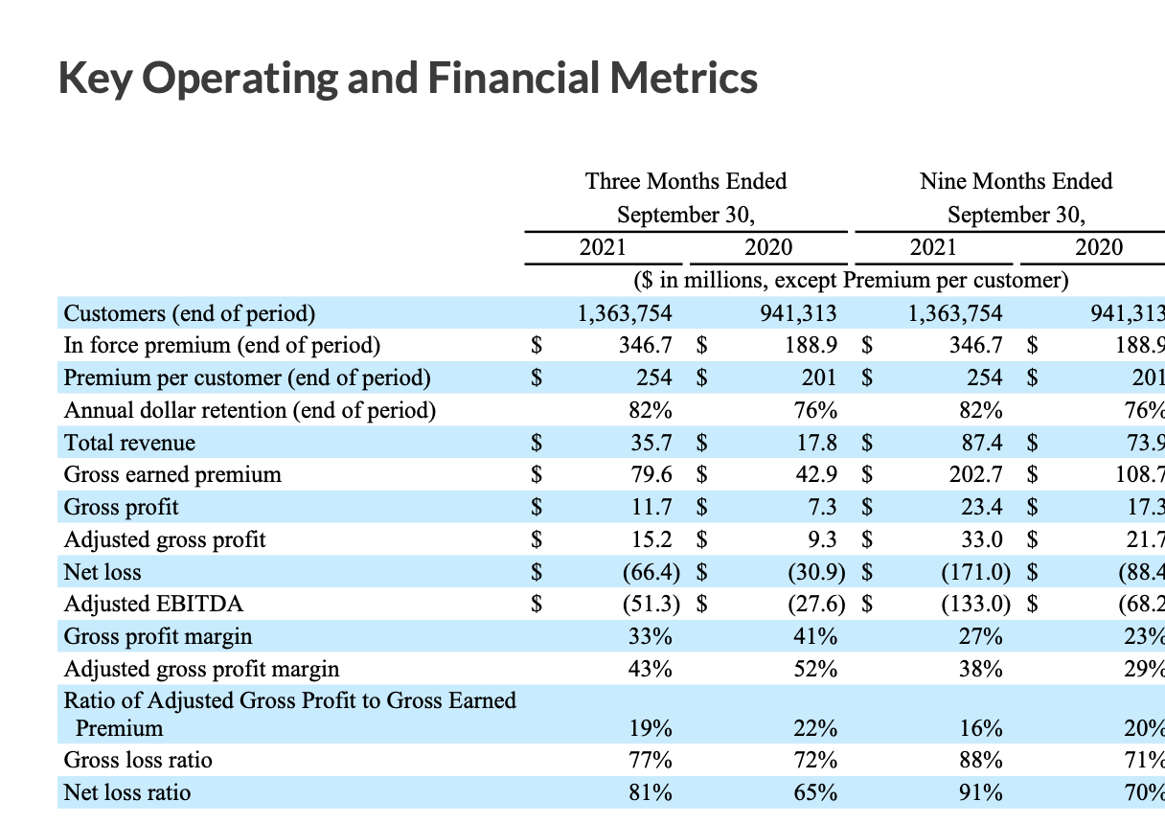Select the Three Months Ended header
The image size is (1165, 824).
pos(686,181)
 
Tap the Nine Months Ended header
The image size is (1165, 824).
pos(1016,181)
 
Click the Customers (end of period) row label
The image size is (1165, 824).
pos(189,313)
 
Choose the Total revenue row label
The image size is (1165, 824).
pos(129,443)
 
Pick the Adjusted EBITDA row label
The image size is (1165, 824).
pos(153,604)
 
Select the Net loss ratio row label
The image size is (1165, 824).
pos(126,792)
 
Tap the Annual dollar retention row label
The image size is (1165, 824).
pos(249,411)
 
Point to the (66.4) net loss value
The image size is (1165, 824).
pos(651,572)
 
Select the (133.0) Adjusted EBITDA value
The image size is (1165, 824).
pos(975,604)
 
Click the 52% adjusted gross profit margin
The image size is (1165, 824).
pos(815,668)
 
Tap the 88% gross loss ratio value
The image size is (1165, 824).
pos(982,761)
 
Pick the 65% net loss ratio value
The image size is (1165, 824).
pos(815,792)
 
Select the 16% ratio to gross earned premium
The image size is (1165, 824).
pos(982,728)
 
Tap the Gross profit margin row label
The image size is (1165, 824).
pos(158,636)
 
